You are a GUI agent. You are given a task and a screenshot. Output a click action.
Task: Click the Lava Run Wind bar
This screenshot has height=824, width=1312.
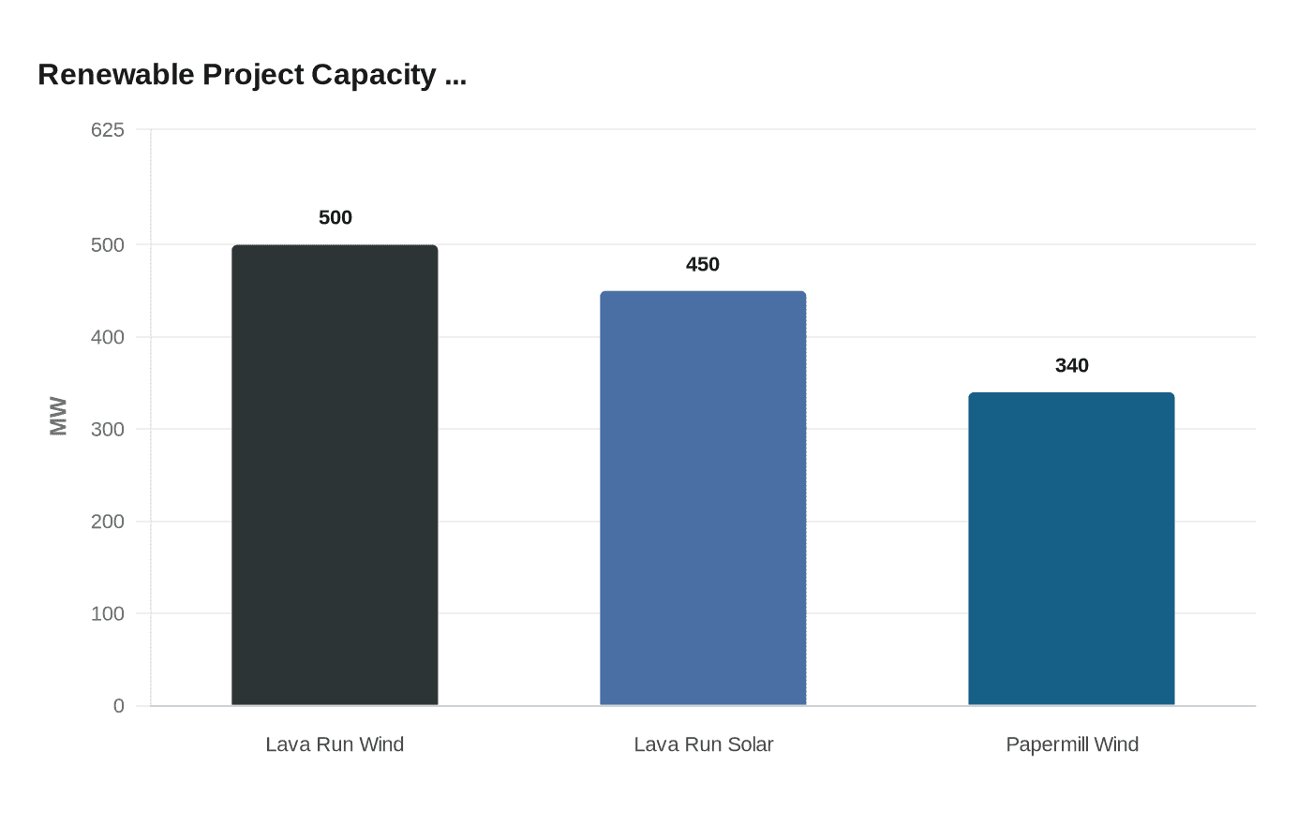coord(335,475)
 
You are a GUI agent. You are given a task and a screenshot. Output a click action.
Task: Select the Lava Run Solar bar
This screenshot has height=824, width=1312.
coord(703,498)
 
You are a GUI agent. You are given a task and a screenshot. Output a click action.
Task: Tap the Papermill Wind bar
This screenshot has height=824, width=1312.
coord(1071,549)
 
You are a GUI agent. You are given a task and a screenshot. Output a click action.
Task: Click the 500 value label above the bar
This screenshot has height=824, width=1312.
coord(335,218)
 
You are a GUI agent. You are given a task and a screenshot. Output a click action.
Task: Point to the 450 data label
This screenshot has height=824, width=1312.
coord(703,265)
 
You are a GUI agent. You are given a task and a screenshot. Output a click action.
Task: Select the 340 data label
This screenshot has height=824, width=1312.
coord(1071,366)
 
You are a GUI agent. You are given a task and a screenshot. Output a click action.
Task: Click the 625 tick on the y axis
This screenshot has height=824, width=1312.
coord(108,130)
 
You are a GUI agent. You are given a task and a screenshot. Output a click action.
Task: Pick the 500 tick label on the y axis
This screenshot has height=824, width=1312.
coord(108,245)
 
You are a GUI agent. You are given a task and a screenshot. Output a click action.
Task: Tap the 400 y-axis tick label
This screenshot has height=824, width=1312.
coord(108,337)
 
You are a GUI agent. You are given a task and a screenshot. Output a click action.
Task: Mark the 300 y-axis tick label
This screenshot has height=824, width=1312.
coord(108,430)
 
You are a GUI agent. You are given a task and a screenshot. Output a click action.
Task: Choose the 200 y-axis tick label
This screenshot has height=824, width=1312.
coord(108,522)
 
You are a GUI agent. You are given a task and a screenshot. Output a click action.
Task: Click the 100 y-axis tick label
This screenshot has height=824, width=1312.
coord(108,614)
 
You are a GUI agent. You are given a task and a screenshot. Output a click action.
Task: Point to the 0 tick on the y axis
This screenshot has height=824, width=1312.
coord(119,706)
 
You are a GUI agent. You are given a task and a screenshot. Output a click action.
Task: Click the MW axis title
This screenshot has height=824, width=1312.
coord(58,417)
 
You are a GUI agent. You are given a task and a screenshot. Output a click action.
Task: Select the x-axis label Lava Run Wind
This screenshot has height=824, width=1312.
coord(335,744)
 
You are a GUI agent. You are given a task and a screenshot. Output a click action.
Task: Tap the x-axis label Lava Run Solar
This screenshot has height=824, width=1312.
coord(703,744)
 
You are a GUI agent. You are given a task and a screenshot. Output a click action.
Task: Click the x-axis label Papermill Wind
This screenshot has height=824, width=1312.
coord(1071,744)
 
